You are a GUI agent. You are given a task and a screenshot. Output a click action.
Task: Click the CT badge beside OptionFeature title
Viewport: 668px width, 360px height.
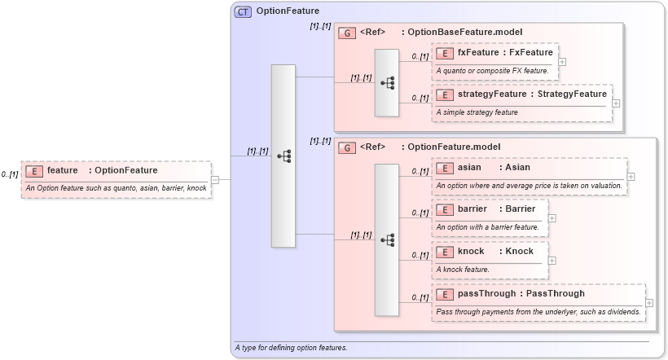[243, 12]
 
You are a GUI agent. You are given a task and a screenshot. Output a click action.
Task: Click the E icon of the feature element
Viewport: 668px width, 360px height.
[34, 171]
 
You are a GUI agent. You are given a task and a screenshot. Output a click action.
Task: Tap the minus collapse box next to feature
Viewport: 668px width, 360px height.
[215, 180]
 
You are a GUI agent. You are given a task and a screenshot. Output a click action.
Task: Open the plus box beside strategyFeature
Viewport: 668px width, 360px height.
[616, 103]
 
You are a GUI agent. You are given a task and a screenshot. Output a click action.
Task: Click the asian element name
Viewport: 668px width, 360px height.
[469, 167]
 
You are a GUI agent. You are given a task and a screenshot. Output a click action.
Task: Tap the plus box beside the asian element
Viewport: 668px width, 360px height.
[631, 176]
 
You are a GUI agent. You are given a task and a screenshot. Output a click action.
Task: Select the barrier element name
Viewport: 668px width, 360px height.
[472, 209]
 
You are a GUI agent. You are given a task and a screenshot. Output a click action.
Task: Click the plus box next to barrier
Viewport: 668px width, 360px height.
[552, 218]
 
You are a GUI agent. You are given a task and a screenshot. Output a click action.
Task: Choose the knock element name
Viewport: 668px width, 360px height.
[471, 251]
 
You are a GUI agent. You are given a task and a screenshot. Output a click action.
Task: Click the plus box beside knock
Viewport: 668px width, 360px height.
[552, 261]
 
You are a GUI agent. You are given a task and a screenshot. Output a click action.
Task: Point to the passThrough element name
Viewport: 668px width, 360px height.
[486, 293]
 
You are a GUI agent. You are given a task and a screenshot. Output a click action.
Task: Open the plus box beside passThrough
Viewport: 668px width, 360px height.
[649, 303]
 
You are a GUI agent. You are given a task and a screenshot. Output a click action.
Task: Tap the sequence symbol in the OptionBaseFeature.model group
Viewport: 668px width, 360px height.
[387, 82]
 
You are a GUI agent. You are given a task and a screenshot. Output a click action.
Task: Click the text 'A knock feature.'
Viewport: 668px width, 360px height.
[463, 269]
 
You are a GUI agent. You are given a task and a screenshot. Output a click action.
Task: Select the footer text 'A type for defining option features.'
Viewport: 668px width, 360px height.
[291, 348]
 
